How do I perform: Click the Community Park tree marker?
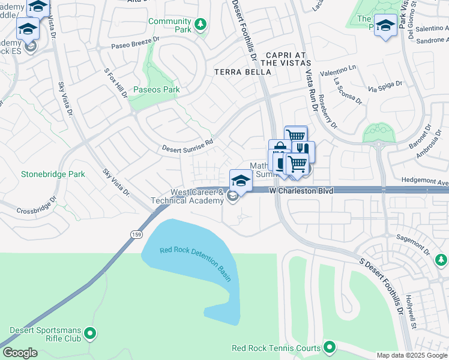click(200, 25)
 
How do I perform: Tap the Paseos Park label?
click(157, 90)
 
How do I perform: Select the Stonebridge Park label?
click(53, 174)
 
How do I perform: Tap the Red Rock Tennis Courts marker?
click(329, 347)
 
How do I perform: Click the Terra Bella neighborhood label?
click(243, 71)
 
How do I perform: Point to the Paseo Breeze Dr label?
click(136, 42)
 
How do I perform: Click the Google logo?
click(20, 353)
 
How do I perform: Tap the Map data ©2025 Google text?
click(411, 355)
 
